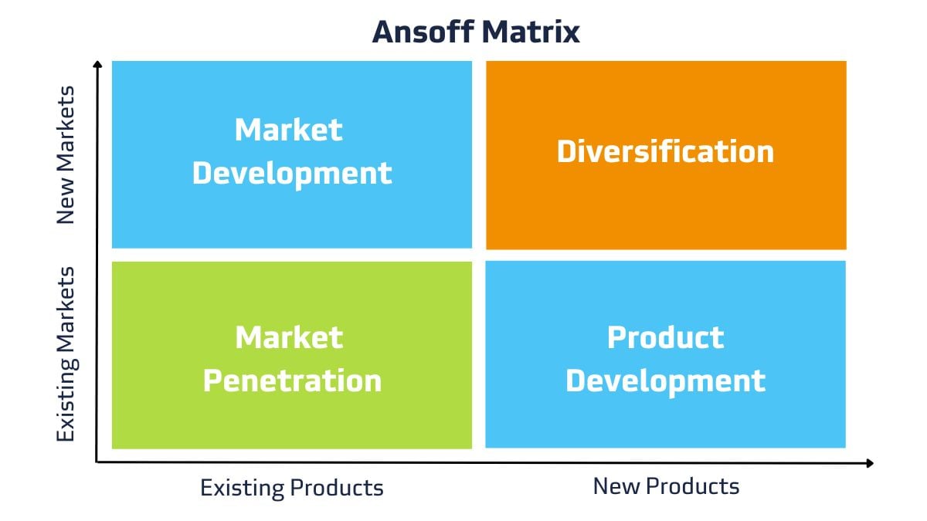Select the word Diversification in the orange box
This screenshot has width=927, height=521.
pos(665,151)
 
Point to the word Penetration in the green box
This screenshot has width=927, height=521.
pos(292,381)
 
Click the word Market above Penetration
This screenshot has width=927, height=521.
pos(289,337)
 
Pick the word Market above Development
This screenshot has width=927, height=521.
pos(289,129)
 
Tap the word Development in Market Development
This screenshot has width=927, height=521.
pos(292,173)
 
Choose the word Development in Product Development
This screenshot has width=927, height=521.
pos(665,381)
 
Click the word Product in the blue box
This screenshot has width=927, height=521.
pos(665,337)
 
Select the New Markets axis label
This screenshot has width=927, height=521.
pos(66,154)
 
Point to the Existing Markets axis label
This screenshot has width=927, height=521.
pos(66,354)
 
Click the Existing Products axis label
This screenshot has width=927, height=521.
pos(291,488)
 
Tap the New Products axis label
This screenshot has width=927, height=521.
pos(666,486)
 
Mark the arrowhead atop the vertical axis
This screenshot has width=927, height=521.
pos(97,65)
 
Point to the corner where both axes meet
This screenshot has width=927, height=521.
pos(97,462)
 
